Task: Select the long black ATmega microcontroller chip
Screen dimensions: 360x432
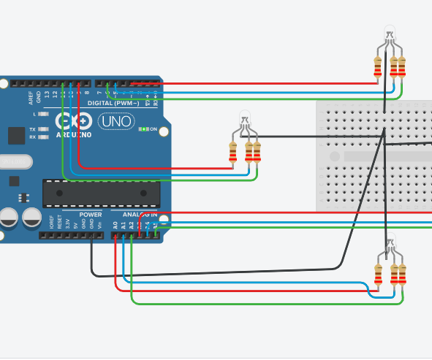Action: [x=101, y=192]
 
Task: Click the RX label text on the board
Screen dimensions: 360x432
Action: [x=32, y=136]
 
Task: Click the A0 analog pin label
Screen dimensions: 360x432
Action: [x=115, y=225]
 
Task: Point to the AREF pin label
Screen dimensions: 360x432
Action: [x=31, y=97]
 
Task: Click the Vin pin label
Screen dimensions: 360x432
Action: [x=99, y=225]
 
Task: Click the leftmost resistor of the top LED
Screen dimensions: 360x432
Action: [x=377, y=67]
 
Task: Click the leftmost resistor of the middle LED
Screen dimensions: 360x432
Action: [x=233, y=152]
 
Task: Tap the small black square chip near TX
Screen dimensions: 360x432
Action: [x=16, y=135]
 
